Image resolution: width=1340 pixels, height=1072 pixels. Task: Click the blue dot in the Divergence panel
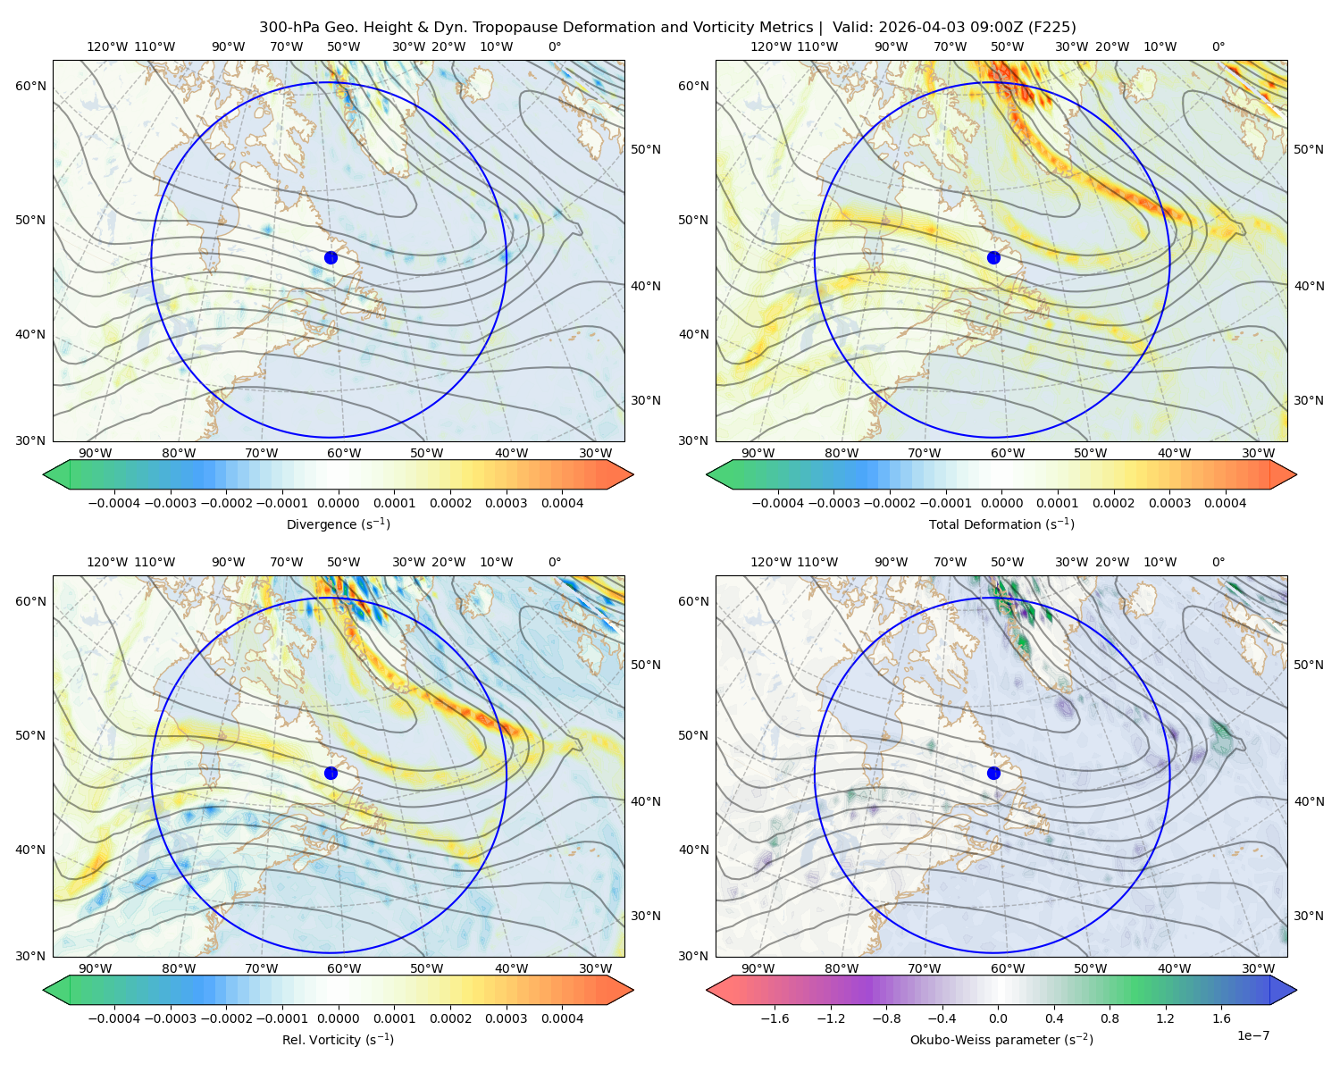331,257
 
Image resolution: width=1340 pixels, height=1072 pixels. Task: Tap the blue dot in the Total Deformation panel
993,257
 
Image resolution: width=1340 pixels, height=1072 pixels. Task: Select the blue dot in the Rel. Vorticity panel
331,773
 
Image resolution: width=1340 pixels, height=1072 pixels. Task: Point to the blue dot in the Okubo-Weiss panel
993,773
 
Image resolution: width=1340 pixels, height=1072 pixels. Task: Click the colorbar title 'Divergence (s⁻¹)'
338,523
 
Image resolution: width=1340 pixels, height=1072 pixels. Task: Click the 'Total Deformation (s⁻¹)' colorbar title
1001,523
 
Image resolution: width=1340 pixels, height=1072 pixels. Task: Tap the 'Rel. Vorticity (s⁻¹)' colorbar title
338,1039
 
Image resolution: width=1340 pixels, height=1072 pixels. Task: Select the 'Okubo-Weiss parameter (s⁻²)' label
1001,1039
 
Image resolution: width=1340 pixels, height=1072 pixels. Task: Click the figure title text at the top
667,28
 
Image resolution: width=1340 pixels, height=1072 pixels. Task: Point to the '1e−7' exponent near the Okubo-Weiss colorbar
1252,1035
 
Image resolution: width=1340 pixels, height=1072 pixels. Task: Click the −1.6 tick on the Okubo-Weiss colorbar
775,1018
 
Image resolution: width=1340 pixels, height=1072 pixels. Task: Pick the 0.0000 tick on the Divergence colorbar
338,503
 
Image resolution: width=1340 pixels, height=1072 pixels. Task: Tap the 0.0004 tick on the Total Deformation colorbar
1226,503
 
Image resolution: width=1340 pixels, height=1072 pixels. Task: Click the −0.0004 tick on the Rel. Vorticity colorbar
114,1018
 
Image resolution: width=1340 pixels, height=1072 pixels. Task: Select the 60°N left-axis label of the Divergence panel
30,86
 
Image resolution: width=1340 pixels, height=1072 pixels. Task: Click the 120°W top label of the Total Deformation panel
770,46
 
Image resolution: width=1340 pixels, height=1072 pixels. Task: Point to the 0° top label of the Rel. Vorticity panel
555,562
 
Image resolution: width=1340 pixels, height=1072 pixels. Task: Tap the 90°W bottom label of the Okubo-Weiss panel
758,968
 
